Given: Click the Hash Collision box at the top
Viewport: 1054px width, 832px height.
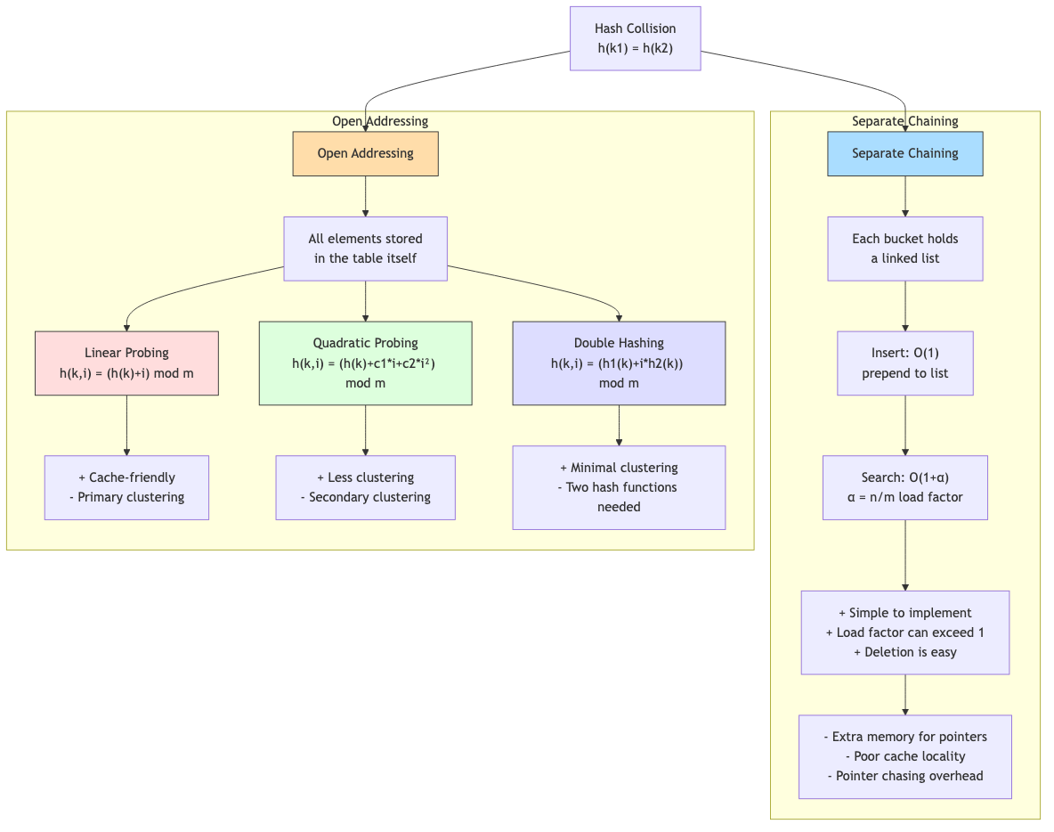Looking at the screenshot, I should pos(635,38).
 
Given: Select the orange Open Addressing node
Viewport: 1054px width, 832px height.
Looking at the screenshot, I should pos(365,154).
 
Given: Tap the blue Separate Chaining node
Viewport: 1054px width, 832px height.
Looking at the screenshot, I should pos(904,154).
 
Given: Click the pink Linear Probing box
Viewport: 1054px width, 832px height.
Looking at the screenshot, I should pos(126,363).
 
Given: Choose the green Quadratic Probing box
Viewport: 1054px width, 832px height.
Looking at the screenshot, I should pos(365,363).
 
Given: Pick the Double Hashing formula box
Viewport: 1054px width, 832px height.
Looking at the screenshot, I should pos(619,363).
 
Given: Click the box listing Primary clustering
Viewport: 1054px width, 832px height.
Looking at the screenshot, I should pos(126,487).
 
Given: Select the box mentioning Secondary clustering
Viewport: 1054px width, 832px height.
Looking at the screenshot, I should pos(365,487).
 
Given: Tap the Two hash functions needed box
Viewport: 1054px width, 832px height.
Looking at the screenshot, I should pos(619,487).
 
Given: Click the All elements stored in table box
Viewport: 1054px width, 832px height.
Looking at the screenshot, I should pos(365,249).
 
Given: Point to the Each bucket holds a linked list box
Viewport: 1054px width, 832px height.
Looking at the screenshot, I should pos(904,249).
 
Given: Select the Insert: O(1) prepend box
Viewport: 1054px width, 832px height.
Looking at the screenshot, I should pos(904,363).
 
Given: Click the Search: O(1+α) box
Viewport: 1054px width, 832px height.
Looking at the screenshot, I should pos(904,487).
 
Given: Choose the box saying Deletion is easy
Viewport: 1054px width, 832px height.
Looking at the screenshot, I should pos(904,632).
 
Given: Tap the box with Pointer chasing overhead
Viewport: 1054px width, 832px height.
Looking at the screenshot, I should pos(904,756).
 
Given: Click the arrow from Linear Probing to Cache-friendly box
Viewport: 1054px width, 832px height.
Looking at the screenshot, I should pos(126,426).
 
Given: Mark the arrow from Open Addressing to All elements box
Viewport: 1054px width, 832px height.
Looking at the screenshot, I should pos(365,196).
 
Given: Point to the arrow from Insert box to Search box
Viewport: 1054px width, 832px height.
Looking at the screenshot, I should pos(905,426).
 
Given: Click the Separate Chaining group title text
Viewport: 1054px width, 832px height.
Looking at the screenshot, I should pos(904,121).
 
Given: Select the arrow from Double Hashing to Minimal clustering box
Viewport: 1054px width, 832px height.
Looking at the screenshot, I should pos(619,426).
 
